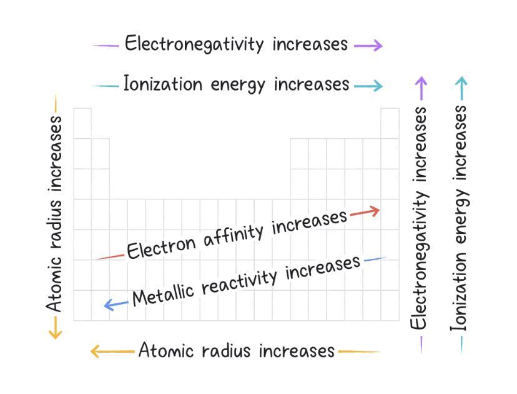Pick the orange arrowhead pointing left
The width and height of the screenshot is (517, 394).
tap(96, 351)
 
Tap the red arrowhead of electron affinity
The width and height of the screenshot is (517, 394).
tap(373, 211)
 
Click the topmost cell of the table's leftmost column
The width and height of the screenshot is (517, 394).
tap(82, 123)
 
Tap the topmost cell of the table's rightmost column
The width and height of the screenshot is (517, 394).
tap(390, 123)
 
